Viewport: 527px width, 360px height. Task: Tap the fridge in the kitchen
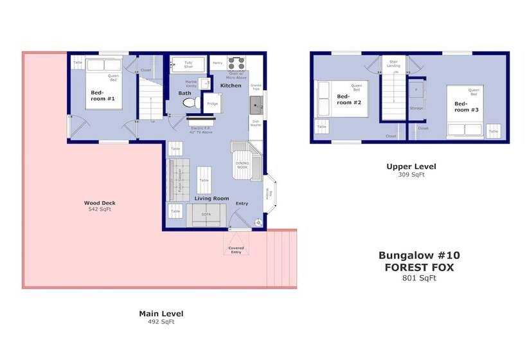coord(212,104)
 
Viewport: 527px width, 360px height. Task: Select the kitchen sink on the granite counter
coord(255,104)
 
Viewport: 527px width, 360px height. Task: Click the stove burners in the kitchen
coord(237,64)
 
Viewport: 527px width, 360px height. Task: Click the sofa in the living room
coord(206,215)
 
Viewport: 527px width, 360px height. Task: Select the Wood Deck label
coord(100,203)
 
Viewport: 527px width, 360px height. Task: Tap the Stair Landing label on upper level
coord(393,64)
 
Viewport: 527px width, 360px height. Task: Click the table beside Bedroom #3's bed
coord(493,130)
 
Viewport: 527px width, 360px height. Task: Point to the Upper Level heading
coord(411,166)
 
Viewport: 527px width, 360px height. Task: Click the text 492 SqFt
coord(161,321)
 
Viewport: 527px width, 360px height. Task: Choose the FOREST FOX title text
coord(419,267)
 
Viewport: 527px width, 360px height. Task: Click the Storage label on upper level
coord(416,108)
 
